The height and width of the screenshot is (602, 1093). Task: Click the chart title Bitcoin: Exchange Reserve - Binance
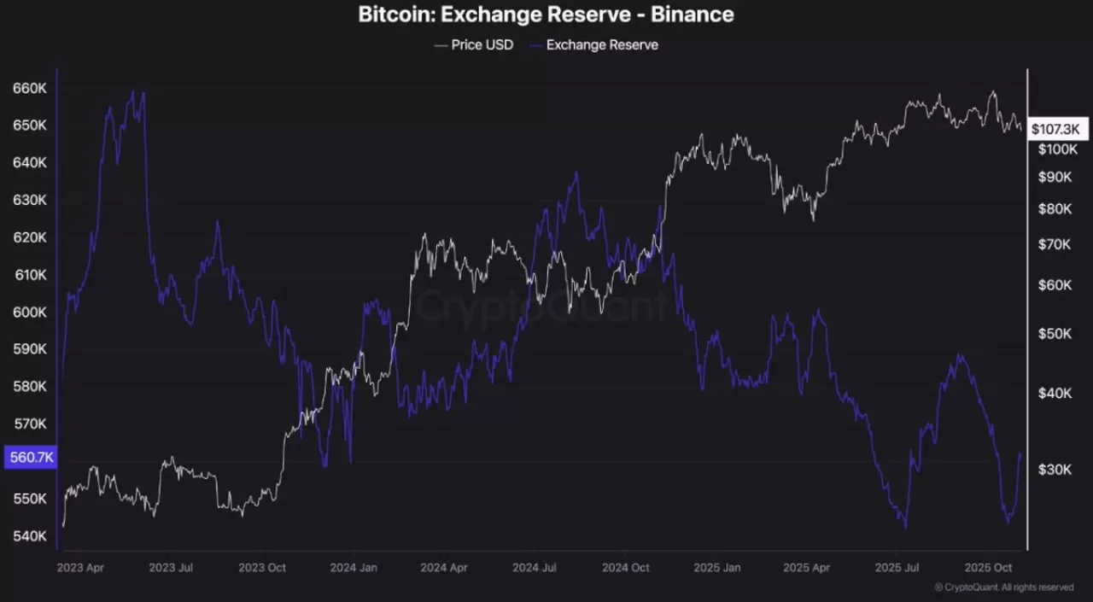click(546, 15)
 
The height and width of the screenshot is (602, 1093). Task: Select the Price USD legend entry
click(474, 44)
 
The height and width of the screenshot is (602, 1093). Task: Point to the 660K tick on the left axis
click(30, 88)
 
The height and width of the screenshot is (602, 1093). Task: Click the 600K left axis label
click(30, 313)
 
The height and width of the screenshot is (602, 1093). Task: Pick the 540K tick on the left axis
click(30, 536)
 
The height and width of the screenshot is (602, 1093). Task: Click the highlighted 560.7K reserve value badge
click(31, 458)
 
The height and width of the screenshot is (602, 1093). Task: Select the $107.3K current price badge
click(1055, 129)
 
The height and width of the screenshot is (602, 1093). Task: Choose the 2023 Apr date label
click(81, 567)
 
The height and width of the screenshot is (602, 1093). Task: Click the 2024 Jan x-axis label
click(354, 567)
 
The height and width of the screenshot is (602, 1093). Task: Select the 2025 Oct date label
click(988, 567)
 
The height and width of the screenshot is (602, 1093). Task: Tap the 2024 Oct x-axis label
click(626, 567)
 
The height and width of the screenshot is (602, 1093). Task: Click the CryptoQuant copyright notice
click(1003, 587)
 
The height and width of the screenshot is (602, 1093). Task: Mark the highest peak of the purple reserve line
click(132, 91)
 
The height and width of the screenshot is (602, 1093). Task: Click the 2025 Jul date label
click(897, 567)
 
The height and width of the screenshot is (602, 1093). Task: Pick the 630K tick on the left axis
click(30, 200)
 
